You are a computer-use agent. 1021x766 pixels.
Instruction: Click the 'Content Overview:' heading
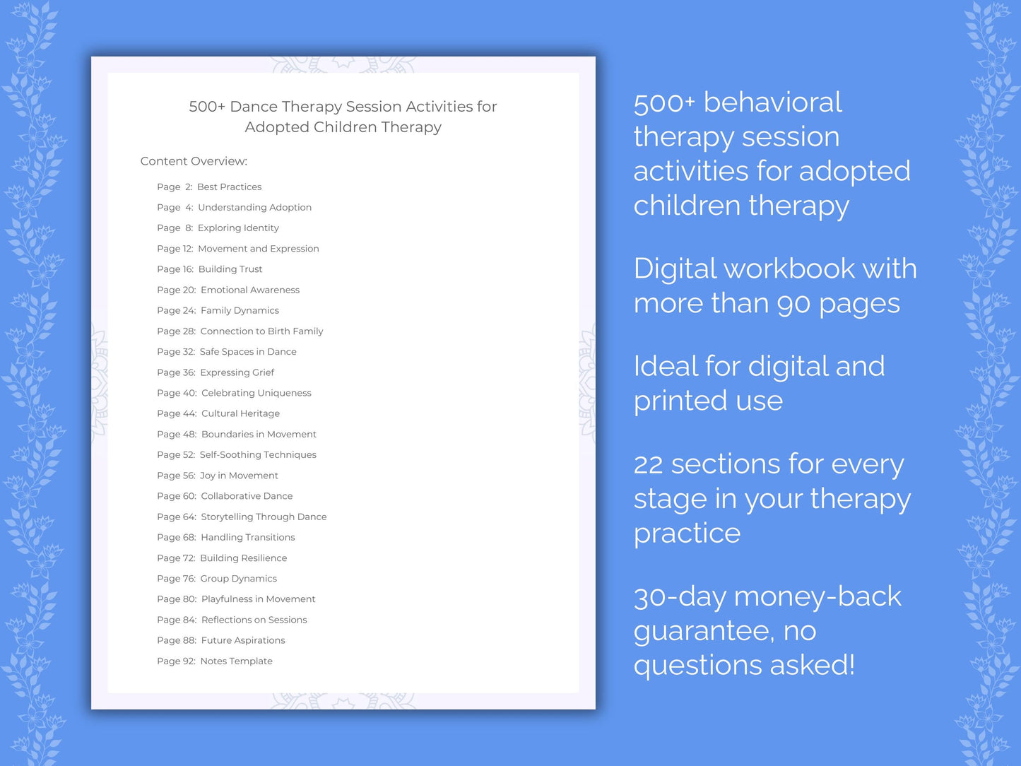click(x=194, y=161)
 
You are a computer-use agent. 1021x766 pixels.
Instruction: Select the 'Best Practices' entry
click(x=229, y=187)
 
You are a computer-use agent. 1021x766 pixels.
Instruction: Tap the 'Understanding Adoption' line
click(x=254, y=208)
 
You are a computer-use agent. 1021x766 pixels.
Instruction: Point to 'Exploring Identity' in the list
click(x=238, y=228)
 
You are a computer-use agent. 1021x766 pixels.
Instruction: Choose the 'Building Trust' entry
click(x=230, y=269)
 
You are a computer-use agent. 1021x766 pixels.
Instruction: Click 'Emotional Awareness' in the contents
click(x=250, y=290)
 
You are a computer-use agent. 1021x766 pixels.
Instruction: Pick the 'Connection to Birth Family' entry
click(x=261, y=331)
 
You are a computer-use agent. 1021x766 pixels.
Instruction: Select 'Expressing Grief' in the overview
click(x=237, y=372)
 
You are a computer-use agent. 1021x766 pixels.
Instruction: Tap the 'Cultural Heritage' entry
click(x=240, y=413)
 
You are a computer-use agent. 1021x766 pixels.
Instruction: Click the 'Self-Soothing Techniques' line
click(x=258, y=455)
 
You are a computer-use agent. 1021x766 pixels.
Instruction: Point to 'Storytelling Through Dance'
click(x=264, y=517)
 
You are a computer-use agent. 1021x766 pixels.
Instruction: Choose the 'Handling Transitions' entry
click(x=248, y=538)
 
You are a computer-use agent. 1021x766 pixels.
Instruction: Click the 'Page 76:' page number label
click(x=176, y=579)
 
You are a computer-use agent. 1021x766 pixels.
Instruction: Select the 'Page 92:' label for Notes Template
click(x=176, y=661)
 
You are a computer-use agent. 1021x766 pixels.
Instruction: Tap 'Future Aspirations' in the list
click(x=243, y=641)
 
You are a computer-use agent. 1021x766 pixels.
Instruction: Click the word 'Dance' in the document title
click(x=254, y=107)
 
